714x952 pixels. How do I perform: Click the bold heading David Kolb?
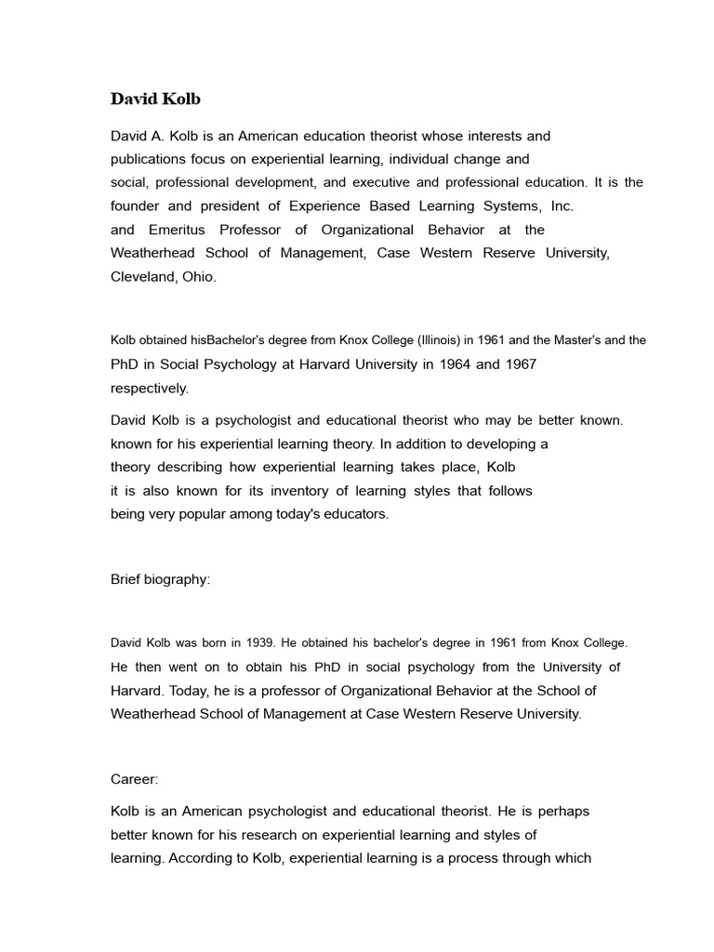point(155,99)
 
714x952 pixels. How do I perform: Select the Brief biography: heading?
point(161,579)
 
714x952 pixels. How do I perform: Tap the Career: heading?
point(135,779)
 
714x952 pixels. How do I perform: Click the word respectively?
point(150,388)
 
